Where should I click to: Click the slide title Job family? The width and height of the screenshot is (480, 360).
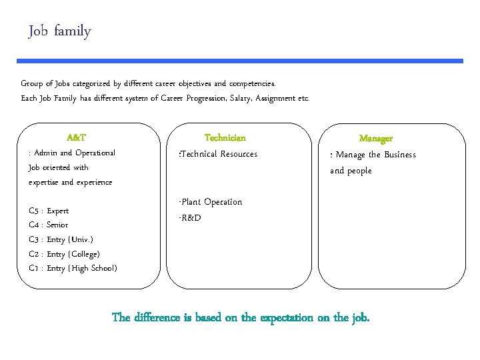60,31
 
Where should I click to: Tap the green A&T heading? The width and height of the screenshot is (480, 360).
77,138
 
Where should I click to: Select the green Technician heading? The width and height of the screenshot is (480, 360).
225,138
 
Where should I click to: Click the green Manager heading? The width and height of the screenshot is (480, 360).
376,139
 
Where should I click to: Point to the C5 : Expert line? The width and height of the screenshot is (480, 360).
49,211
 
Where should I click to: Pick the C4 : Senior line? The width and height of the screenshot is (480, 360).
49,225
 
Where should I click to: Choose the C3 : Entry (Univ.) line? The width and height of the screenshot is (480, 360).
61,239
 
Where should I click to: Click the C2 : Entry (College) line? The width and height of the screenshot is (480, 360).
65,254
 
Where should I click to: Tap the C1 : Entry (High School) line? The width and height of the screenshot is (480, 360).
73,268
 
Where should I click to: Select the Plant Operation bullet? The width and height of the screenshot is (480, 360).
211,202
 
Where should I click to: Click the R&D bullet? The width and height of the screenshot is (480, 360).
190,218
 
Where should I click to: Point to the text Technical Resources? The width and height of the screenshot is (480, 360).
219,154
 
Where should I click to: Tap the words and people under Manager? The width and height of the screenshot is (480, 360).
351,171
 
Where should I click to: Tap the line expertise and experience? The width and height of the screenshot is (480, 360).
71,182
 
